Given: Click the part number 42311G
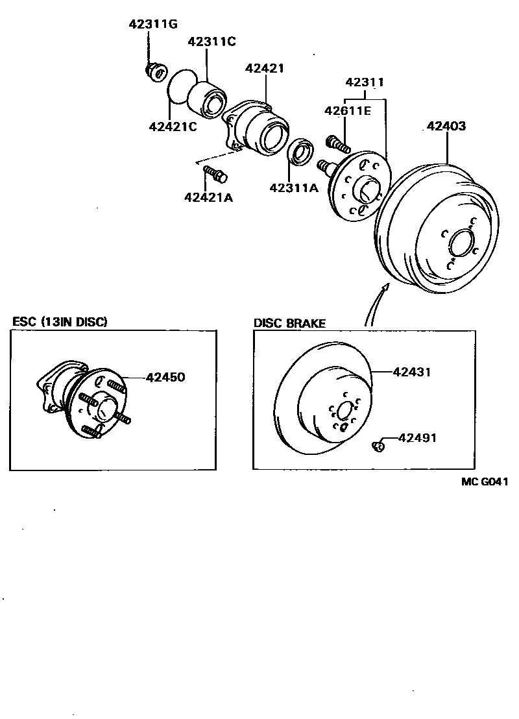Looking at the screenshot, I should tap(152, 25).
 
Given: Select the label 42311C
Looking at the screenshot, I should tap(211, 42).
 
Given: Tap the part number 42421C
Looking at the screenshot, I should tap(173, 126).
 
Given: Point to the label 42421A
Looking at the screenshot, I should tap(208, 197).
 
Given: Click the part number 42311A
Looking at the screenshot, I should tap(295, 188).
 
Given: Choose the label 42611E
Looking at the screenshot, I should tap(348, 111).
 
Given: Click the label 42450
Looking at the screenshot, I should tap(165, 377).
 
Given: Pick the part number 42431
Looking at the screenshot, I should tap(412, 372).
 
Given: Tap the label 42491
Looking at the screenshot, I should tap(417, 438).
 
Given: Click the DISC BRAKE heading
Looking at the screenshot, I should tap(289, 323).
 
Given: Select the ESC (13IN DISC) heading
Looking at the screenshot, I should tap(60, 322).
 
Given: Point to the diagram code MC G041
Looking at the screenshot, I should tap(484, 481).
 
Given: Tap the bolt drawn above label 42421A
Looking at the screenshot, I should tap(213, 173).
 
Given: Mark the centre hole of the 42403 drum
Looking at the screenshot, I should tap(461, 243).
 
